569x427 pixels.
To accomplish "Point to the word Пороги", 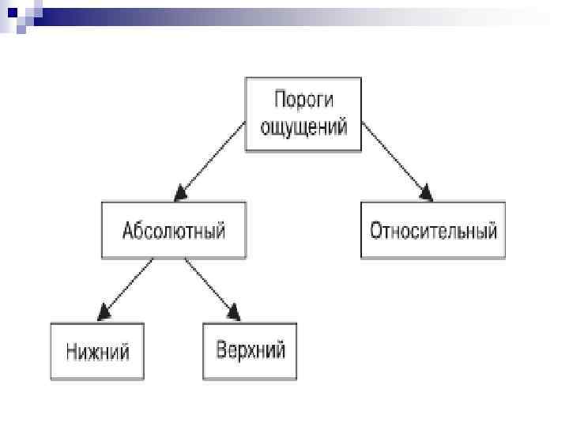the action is pyautogui.click(x=304, y=100).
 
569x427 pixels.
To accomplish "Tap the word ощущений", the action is pyautogui.click(x=304, y=127).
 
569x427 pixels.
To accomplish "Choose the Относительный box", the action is pyautogui.click(x=433, y=230).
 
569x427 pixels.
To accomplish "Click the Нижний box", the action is pyautogui.click(x=97, y=350).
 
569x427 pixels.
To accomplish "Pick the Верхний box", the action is pyautogui.click(x=250, y=350).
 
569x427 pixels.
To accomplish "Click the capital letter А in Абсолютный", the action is pyautogui.click(x=128, y=231).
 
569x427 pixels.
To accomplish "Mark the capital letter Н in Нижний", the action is pyautogui.click(x=73, y=350).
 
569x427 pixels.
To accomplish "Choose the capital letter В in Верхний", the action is pyautogui.click(x=222, y=350).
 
